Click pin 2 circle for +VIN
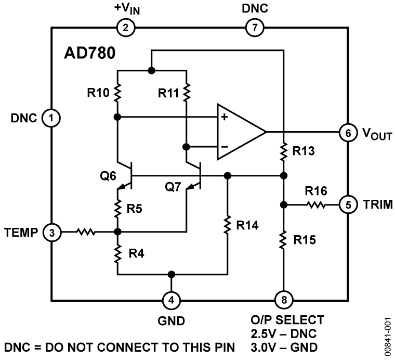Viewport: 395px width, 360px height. pos(125,28)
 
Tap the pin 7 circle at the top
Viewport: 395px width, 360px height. pos(254,28)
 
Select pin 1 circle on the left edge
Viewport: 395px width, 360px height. pos(51,118)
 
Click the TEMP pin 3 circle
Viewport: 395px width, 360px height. pos(51,232)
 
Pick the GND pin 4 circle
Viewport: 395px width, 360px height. pos(171,300)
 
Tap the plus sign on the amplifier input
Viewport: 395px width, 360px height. pos(224,118)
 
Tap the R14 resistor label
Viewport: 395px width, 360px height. pos(248,226)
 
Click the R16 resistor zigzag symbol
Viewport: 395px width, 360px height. pos(315,204)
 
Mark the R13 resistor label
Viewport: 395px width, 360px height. pos(304,152)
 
